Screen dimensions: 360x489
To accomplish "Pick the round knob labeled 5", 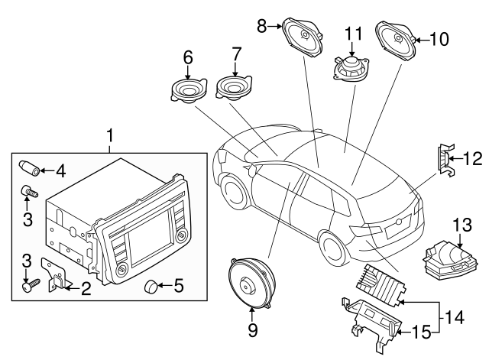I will (x=153, y=287).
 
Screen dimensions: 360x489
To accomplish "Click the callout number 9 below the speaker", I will (x=252, y=330).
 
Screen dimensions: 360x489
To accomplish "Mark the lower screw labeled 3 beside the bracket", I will (x=28, y=286).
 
